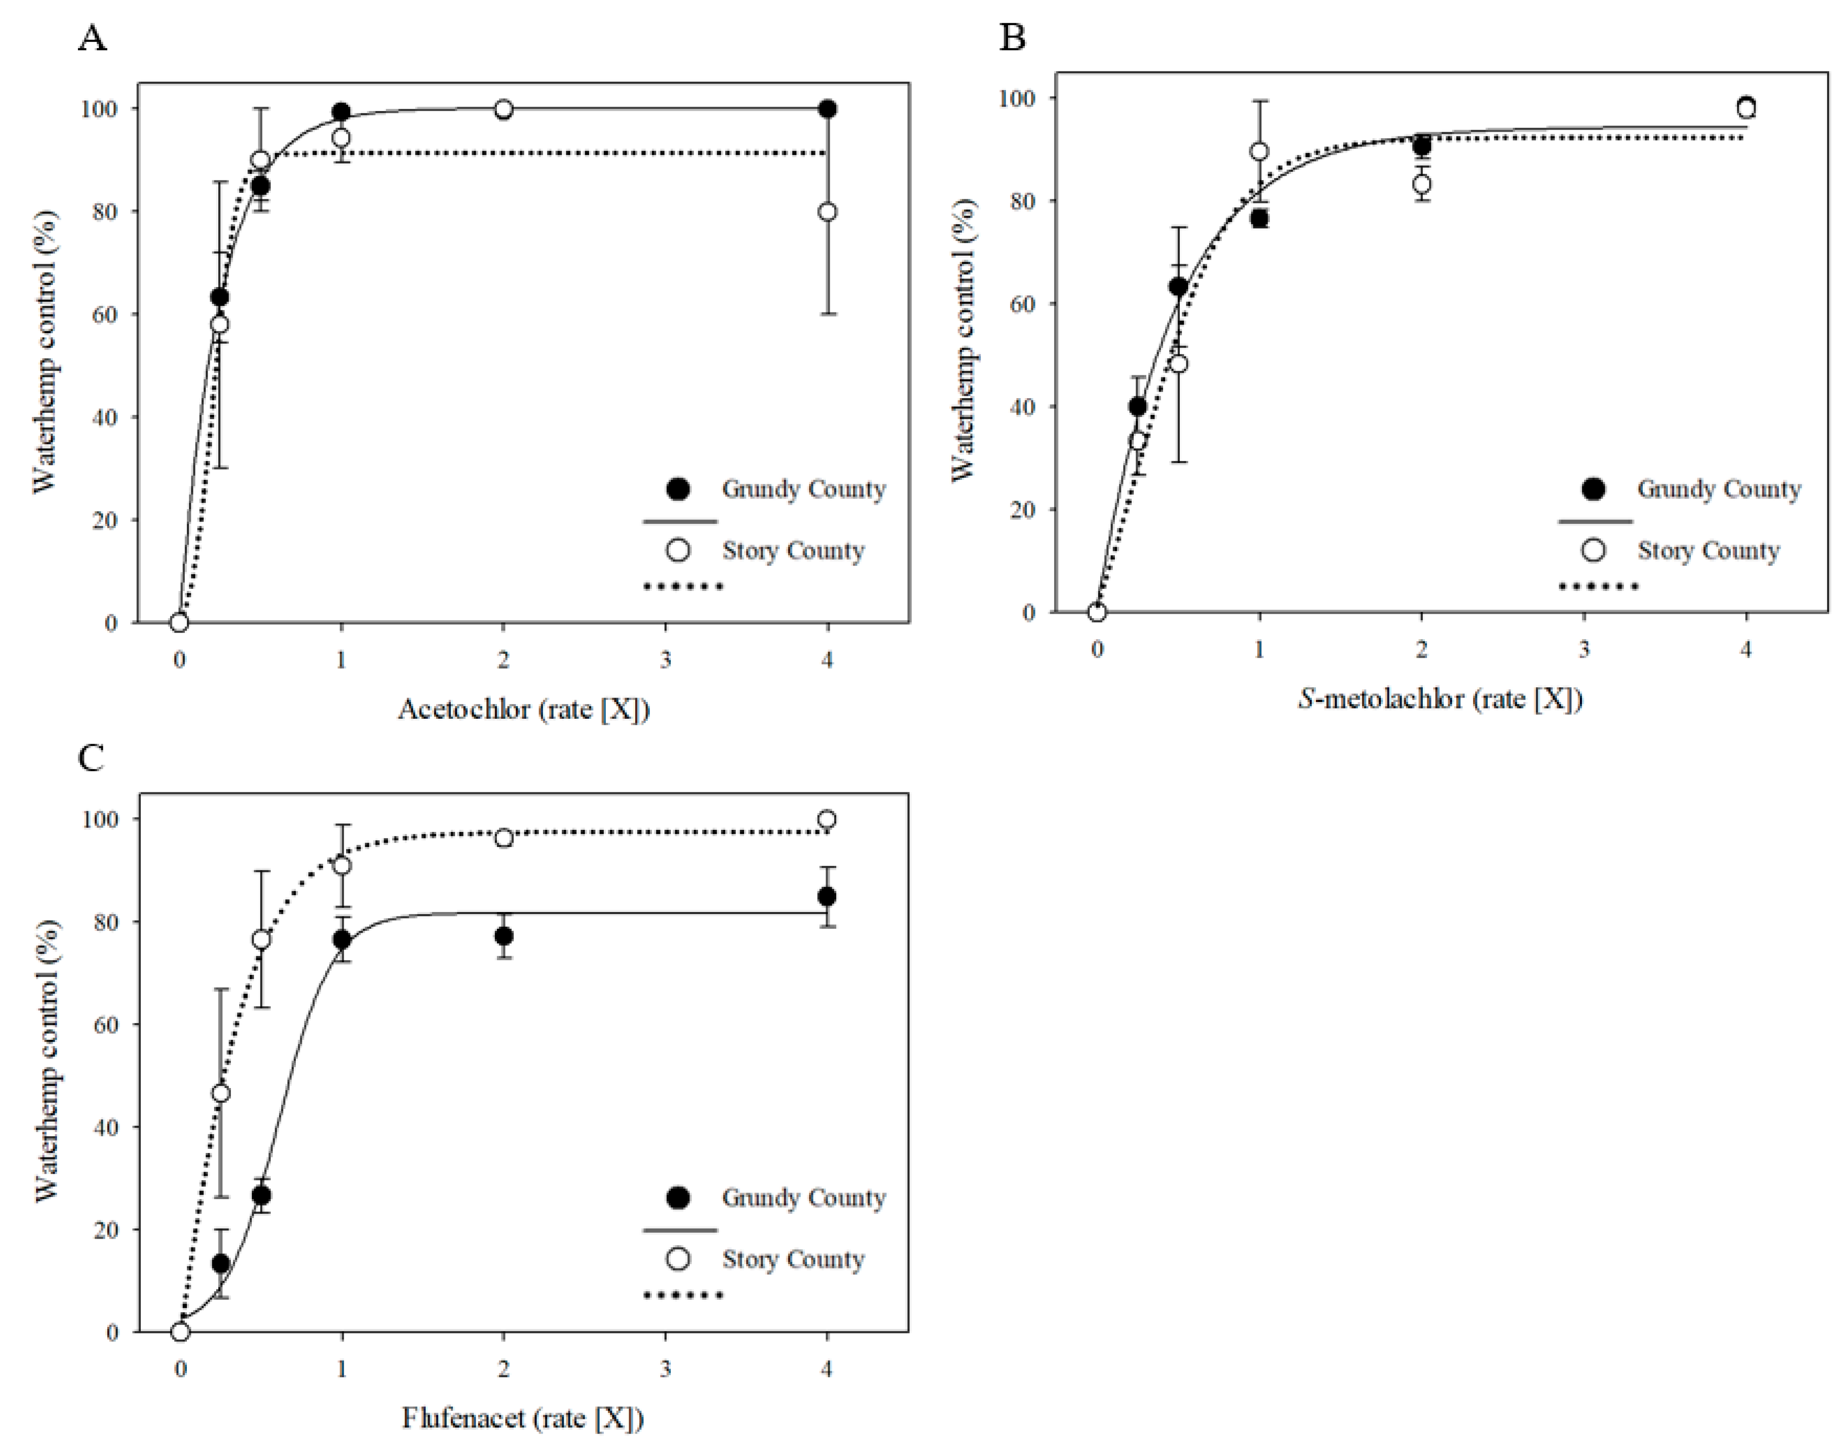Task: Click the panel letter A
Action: [x=92, y=38]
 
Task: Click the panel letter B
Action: [x=1012, y=38]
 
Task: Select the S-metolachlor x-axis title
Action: [x=1440, y=699]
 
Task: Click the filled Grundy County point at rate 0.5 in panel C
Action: [x=261, y=1195]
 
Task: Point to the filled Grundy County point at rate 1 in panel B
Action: [x=1259, y=218]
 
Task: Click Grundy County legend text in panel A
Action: [x=803, y=489]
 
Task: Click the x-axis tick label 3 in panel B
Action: [x=1584, y=649]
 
